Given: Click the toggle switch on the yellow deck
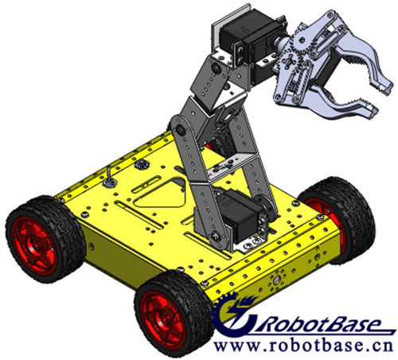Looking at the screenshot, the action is click(109, 178).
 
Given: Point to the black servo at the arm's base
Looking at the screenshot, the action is click(239, 215).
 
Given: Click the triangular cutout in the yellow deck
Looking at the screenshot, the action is click(162, 193).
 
